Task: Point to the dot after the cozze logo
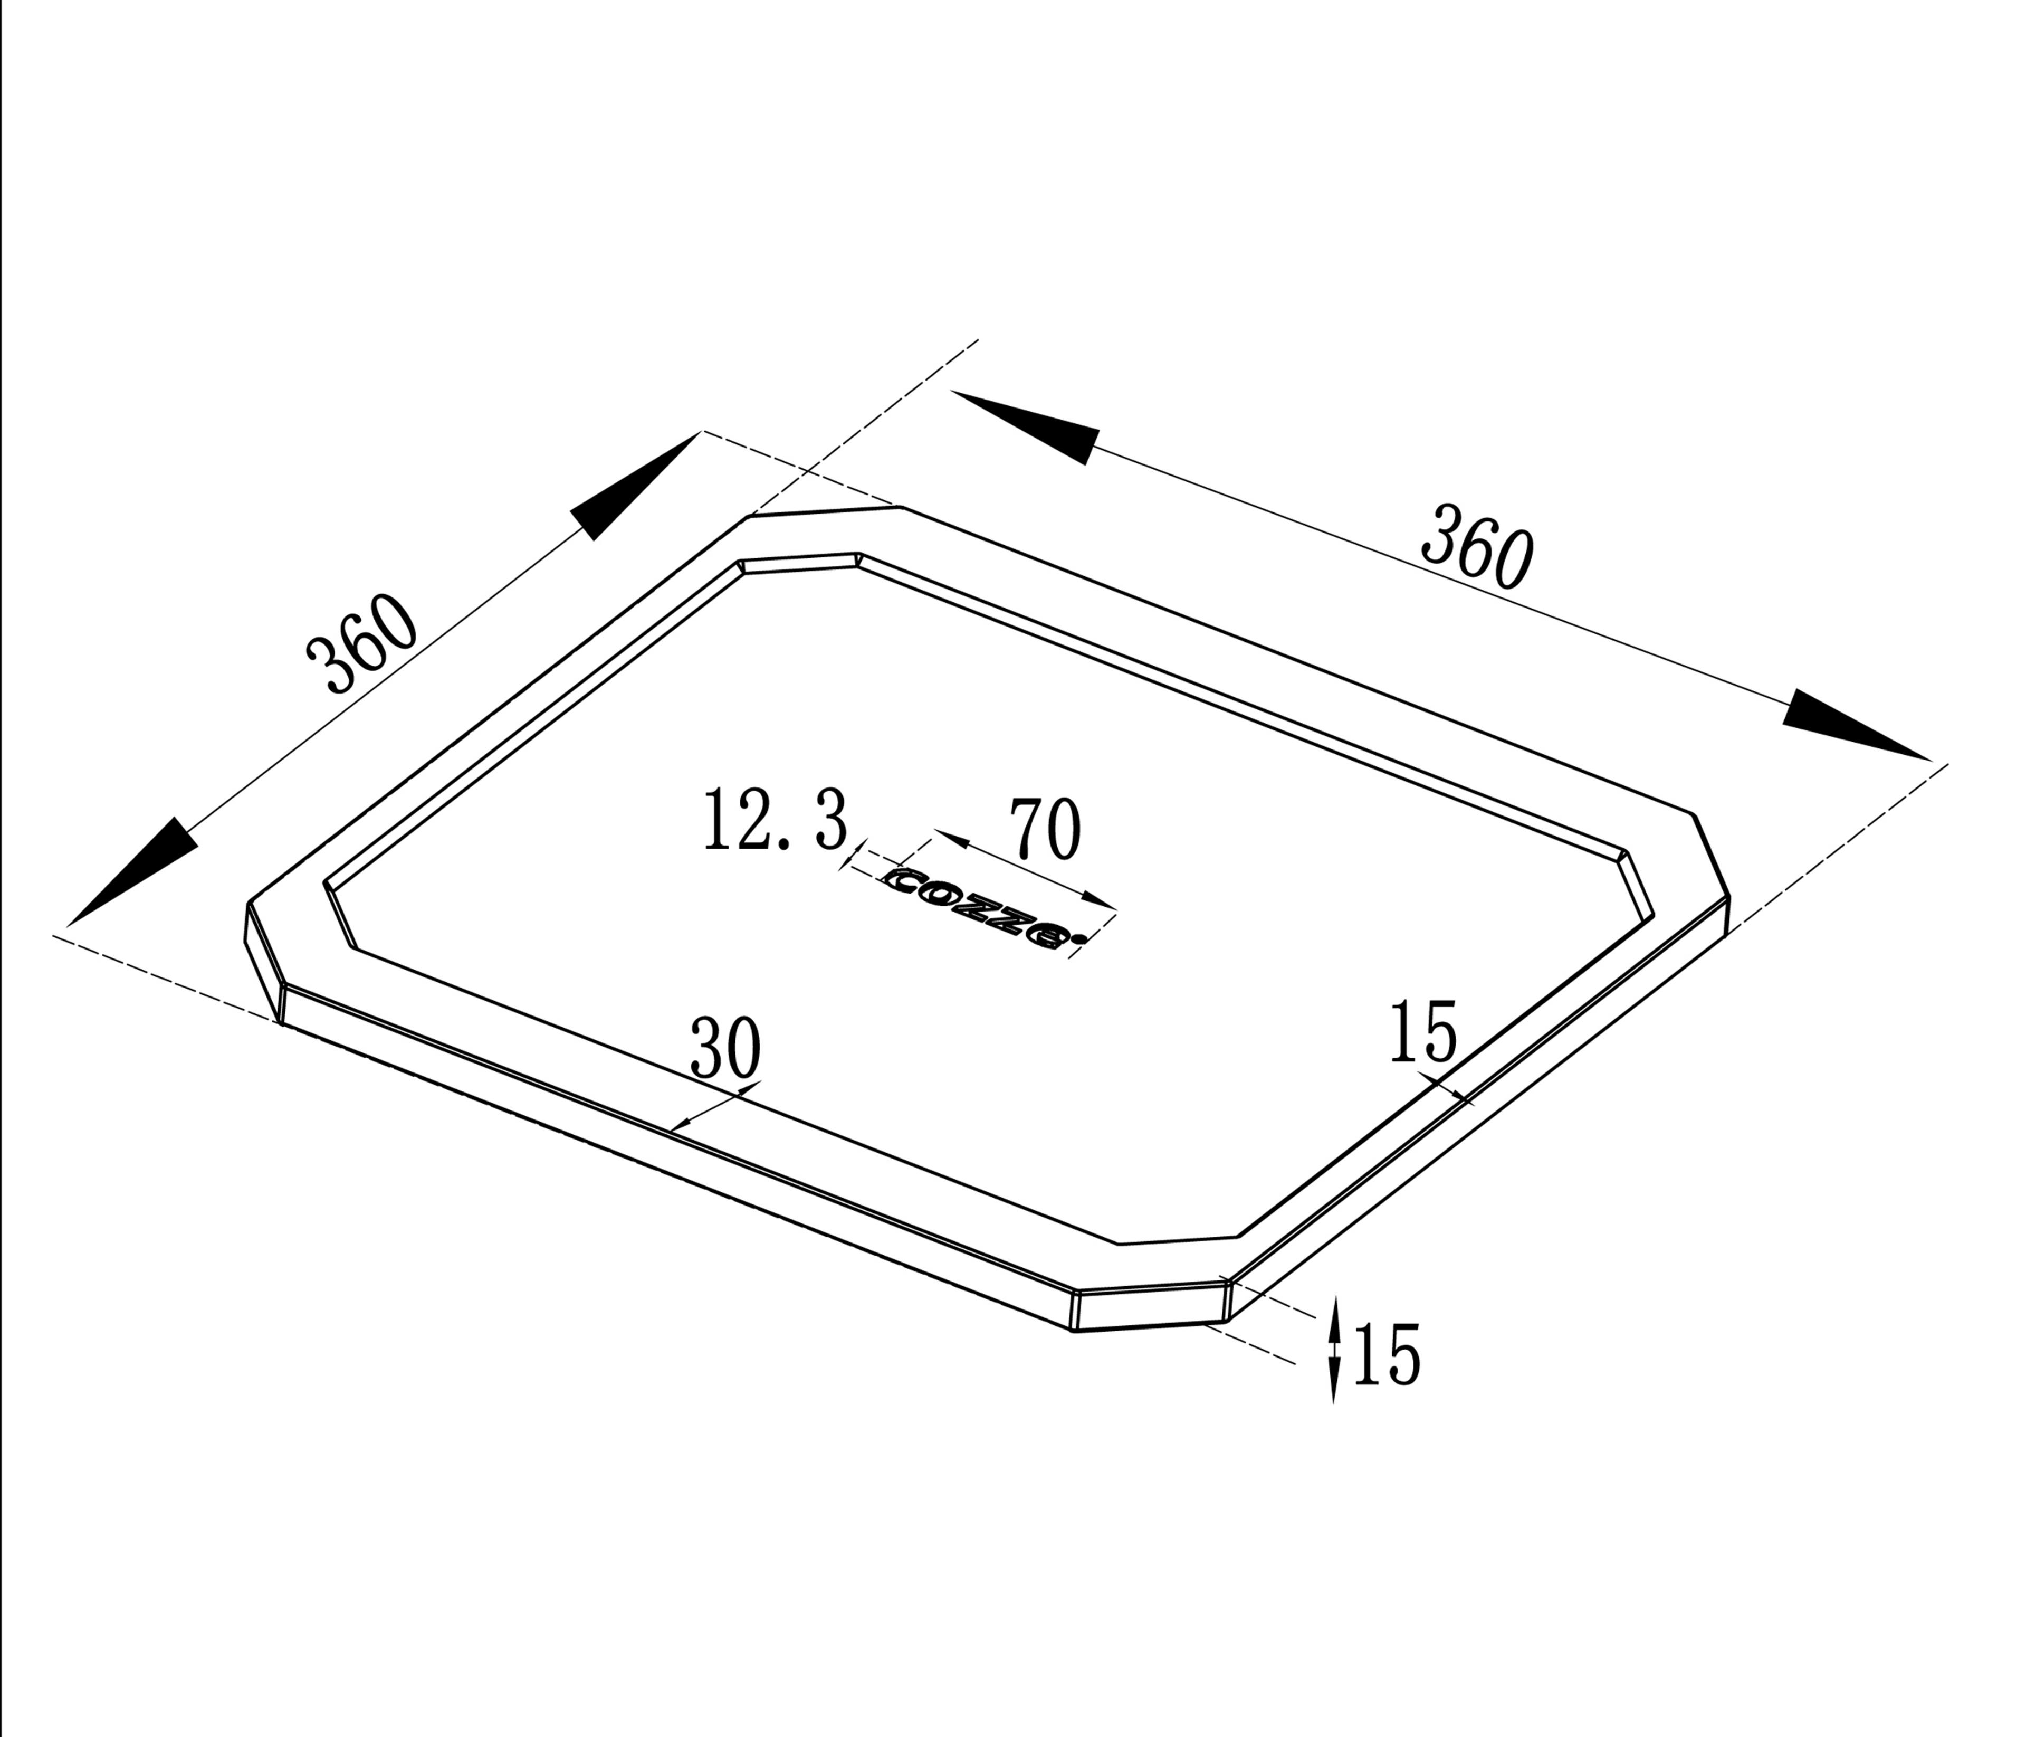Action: click(1077, 941)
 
